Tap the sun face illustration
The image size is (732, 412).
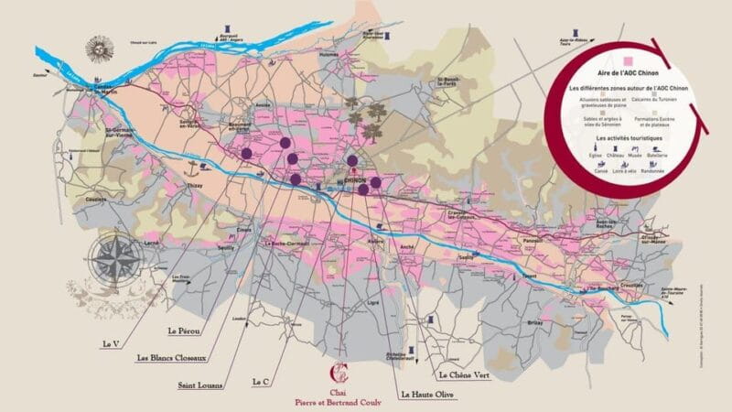click(x=98, y=45)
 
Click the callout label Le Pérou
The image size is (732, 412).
click(x=184, y=327)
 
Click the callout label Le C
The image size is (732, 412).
click(x=259, y=380)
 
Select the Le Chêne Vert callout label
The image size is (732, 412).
click(x=468, y=374)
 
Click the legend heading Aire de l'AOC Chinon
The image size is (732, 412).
click(x=627, y=70)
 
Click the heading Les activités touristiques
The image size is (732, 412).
click(x=627, y=137)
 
